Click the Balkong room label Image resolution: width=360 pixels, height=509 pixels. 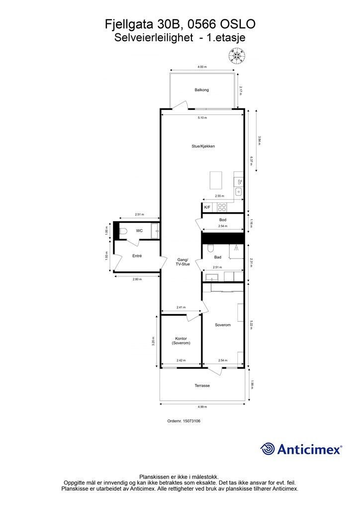click(201, 90)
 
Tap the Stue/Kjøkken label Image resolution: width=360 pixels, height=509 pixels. click(203, 146)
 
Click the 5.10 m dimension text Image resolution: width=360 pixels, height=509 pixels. click(202, 118)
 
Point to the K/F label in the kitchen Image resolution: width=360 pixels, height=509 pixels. click(207, 207)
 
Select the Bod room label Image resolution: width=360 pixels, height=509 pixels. click(223, 220)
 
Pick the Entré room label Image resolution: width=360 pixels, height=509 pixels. click(137, 256)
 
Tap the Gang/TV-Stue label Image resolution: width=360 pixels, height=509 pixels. click(182, 262)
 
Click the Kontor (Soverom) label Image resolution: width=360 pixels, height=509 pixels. click(181, 341)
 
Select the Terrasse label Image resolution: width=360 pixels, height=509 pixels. click(202, 386)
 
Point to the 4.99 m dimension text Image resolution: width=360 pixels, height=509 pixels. click(202, 407)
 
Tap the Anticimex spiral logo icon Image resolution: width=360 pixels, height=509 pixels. click(268, 448)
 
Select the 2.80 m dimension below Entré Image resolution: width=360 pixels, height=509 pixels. click(137, 279)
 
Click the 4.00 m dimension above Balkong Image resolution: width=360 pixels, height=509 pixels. click(201, 67)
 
